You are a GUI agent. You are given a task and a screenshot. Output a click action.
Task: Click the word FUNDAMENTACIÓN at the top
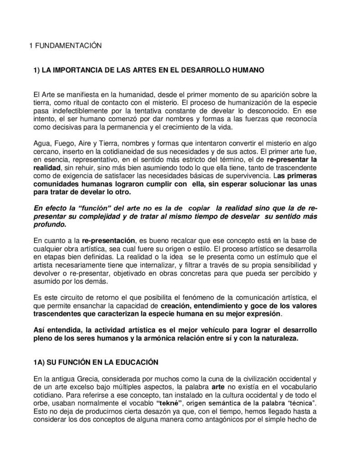click(64, 46)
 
